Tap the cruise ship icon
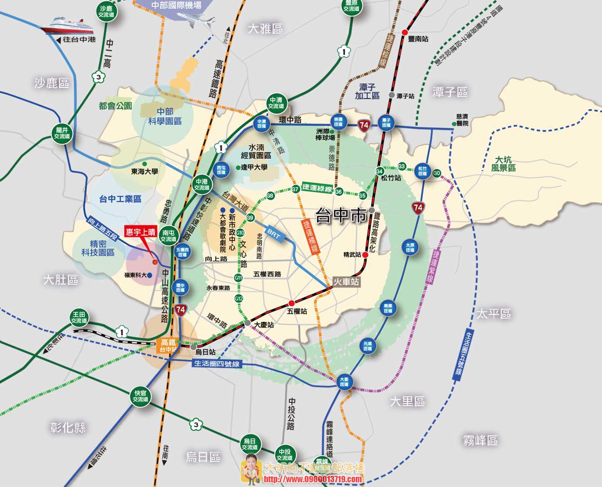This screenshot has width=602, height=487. [64, 25]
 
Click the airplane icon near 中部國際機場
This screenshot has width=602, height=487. [201, 21]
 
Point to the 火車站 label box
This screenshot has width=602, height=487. [347, 281]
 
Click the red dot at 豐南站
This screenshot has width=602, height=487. [405, 32]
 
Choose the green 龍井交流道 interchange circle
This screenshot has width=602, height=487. [62, 133]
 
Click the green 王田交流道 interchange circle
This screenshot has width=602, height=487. [79, 317]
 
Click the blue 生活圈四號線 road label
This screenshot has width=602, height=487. [216, 364]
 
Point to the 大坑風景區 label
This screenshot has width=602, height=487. [503, 164]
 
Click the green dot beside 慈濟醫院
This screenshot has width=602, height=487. [454, 124]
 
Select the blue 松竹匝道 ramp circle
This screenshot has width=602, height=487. [422, 171]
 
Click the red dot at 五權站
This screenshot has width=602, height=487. [292, 303]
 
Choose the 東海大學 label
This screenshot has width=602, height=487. [144, 172]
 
